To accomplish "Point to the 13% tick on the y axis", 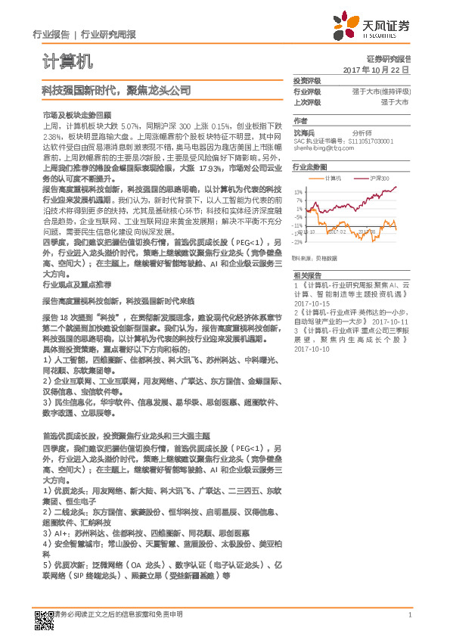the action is click(x=299, y=191).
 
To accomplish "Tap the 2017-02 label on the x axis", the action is click(x=335, y=231).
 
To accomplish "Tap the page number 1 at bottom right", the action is click(x=409, y=615).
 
